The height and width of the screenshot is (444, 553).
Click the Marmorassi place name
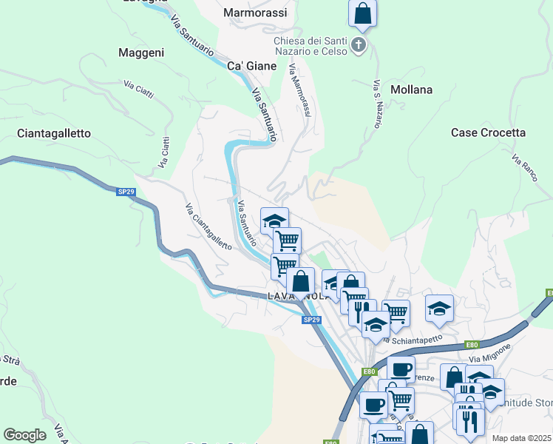[x=256, y=13]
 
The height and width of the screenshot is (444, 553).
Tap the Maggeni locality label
[x=140, y=53]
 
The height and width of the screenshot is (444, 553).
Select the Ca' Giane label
[x=251, y=66]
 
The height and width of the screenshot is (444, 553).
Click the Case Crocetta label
[x=488, y=132]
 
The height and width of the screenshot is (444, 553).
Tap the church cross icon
[x=359, y=45]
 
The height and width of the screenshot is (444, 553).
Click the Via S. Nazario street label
[x=377, y=104]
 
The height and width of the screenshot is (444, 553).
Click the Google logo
[x=24, y=434]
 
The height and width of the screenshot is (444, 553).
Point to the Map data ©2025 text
[x=521, y=438]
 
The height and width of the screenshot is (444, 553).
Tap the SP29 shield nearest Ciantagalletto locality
[x=126, y=192]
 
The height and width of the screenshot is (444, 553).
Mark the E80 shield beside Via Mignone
[x=472, y=345]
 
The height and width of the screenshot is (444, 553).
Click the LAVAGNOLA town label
[x=296, y=296]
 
